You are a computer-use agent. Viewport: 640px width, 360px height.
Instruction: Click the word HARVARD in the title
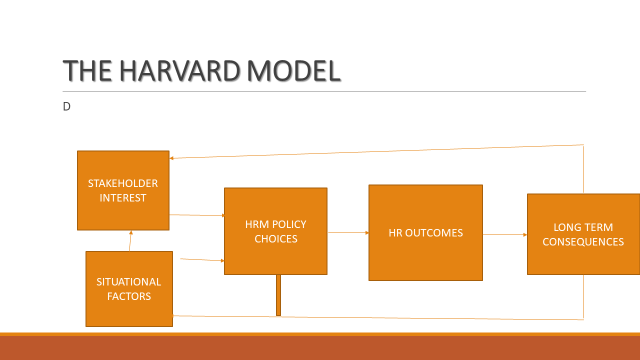point(175,71)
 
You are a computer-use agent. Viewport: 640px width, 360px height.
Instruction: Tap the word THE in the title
point(87,71)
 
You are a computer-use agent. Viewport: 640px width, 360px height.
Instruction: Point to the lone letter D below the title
point(67,104)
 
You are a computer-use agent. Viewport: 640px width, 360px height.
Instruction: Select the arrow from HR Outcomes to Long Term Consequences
point(504,235)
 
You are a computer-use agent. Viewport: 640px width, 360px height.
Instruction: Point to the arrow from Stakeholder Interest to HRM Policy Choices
point(196,215)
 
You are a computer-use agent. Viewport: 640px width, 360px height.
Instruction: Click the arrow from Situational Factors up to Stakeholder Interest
point(130,240)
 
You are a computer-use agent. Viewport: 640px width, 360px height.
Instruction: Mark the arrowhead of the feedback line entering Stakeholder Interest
point(173,157)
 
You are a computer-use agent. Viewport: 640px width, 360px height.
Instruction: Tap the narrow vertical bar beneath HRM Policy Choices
point(279,295)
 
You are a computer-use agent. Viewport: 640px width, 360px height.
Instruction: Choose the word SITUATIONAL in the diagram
point(129,282)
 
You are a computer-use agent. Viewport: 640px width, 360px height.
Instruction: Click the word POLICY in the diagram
point(281,224)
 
